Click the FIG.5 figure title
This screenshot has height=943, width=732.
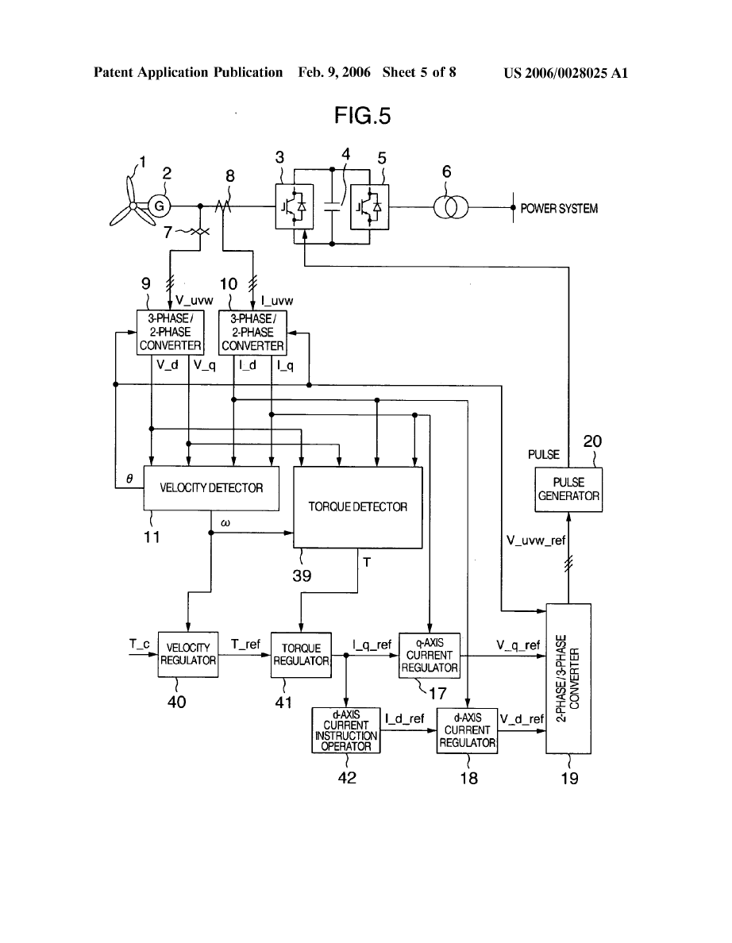[361, 116]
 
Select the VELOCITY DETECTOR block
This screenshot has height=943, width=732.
[211, 488]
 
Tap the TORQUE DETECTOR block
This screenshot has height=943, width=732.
[358, 507]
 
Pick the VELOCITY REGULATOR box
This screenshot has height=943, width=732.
[187, 654]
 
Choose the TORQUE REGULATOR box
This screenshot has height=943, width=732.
[301, 654]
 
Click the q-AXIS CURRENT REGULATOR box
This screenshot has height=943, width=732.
[430, 656]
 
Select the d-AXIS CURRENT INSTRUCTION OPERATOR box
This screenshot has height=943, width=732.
[346, 730]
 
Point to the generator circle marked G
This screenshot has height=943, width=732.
[159, 206]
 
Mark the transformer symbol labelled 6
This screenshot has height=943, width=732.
[450, 208]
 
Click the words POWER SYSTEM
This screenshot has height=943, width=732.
[559, 209]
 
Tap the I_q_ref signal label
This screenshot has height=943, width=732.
[372, 645]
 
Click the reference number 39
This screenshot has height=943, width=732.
[301, 575]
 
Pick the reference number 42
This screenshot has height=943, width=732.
[346, 777]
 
